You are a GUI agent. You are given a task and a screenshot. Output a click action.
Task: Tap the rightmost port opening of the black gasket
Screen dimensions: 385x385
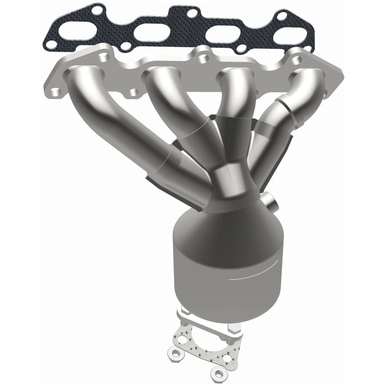point(287,37)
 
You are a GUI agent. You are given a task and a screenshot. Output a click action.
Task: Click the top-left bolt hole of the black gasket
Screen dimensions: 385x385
point(97,10)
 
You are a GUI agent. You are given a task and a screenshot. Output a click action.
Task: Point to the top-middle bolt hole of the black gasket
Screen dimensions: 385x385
point(192,12)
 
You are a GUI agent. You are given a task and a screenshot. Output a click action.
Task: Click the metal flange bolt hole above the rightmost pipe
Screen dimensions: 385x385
point(298,58)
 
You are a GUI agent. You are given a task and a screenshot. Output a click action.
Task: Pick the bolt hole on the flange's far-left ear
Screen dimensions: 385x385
point(56,87)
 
